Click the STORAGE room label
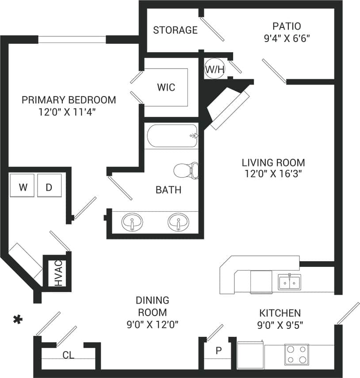coord(175,30)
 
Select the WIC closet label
coord(166,87)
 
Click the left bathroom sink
coord(132,222)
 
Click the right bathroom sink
coord(178,222)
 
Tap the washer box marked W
coord(23,187)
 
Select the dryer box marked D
coord(49,187)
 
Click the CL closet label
coord(68,355)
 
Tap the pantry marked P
coord(218,351)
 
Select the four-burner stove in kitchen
coord(296,354)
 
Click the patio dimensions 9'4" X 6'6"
coord(286,38)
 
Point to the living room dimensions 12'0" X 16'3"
coord(273,174)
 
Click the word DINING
coord(152,301)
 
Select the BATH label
coord(168,190)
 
